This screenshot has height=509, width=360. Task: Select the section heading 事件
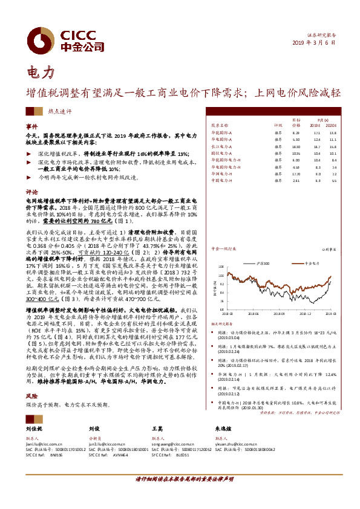[31, 127]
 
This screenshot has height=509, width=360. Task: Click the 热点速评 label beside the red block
[60, 111]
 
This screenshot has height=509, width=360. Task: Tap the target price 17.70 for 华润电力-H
[296, 173]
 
